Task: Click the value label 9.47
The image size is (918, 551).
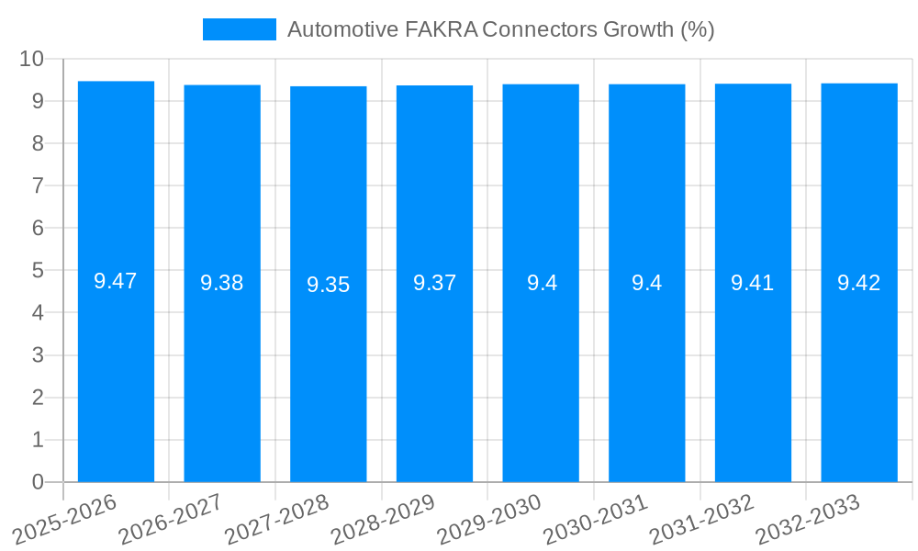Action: tap(116, 282)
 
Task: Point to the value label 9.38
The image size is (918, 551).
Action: tap(222, 284)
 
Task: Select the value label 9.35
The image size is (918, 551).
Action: tap(329, 285)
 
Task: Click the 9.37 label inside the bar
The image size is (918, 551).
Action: tap(434, 284)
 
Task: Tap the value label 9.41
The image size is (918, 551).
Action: tap(753, 283)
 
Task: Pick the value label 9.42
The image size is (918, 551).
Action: tap(859, 283)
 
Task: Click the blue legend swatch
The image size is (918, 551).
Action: tap(239, 29)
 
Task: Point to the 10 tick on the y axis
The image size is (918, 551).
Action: tap(32, 59)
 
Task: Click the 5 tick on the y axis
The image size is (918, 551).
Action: tap(39, 271)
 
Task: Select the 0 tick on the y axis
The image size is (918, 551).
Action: tap(39, 482)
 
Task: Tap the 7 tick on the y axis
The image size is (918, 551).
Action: tap(39, 186)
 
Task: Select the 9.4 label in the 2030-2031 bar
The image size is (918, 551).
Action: tap(646, 283)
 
